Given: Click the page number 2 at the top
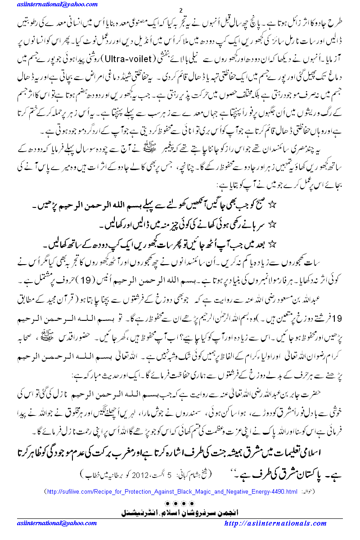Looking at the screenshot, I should (x=180, y=11).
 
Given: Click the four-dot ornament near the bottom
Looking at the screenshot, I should (x=180, y=502).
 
